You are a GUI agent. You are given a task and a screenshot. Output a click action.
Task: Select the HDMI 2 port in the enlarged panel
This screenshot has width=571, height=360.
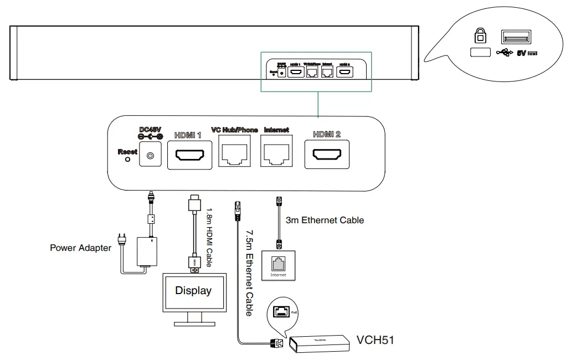[326, 154]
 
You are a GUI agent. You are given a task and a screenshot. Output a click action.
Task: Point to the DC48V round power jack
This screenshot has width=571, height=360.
[150, 157]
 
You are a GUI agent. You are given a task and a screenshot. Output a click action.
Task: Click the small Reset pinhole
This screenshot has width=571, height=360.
[127, 159]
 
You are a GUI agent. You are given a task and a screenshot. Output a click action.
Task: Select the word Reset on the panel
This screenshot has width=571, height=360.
[127, 151]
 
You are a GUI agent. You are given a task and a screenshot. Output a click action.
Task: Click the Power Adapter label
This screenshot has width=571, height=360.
[80, 248]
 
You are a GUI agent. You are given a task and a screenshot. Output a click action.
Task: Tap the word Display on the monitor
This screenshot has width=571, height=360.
[193, 290]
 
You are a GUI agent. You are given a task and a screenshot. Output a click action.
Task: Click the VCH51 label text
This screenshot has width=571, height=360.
[375, 340]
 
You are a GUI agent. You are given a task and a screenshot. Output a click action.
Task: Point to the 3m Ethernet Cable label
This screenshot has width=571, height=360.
[325, 220]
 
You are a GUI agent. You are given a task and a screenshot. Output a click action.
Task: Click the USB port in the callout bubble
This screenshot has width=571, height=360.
[516, 37]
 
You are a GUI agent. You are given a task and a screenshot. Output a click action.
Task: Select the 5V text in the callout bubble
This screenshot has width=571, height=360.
[521, 53]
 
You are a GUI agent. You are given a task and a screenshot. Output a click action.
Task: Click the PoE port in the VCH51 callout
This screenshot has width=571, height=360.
[281, 313]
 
